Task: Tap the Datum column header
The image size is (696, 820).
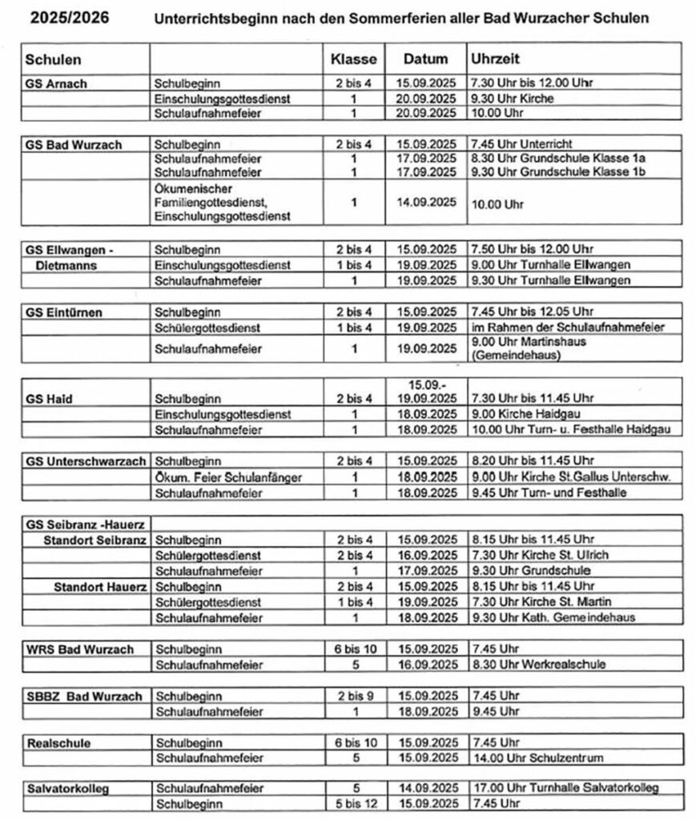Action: [424, 60]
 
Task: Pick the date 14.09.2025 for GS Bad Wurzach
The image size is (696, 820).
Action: [424, 203]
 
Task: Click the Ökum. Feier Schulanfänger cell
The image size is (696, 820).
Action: [227, 477]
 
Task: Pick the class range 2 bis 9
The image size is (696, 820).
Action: [353, 695]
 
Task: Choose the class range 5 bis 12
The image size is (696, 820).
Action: [353, 804]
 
